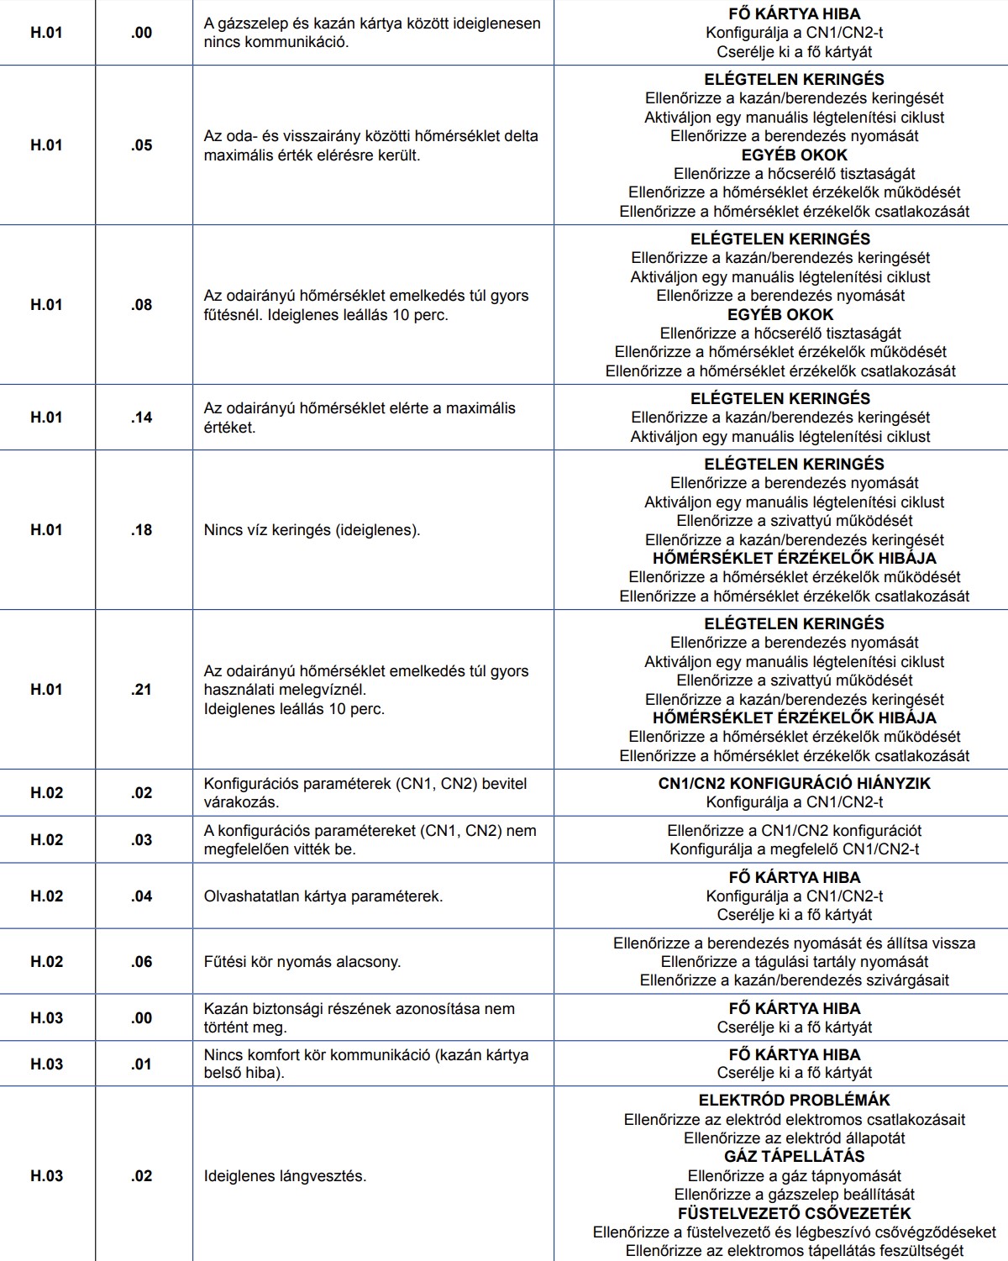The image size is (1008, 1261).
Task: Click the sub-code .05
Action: click(142, 145)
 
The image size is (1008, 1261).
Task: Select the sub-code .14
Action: click(142, 418)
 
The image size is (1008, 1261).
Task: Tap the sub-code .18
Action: click(142, 530)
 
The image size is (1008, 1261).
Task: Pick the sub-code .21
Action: click(142, 690)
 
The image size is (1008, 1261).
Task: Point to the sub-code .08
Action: click(142, 305)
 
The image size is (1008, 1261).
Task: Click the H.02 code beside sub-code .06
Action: click(47, 962)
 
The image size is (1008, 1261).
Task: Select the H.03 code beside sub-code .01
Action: click(47, 1064)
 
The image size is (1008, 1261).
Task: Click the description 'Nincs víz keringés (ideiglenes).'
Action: click(312, 530)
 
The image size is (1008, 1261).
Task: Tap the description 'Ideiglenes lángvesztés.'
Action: click(285, 1176)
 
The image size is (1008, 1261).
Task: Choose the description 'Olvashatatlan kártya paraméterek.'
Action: click(323, 896)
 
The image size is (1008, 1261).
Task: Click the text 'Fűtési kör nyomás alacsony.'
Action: click(302, 962)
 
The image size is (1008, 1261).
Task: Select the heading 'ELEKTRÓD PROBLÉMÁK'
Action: click(794, 1101)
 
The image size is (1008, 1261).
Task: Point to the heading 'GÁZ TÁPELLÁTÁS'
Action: click(794, 1157)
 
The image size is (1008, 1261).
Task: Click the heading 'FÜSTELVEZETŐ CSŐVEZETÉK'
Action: click(794, 1214)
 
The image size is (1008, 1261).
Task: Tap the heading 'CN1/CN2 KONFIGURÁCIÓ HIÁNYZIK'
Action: click(794, 784)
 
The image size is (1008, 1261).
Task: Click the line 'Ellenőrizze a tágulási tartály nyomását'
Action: click(794, 962)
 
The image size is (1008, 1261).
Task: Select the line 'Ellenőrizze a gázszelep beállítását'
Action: click(794, 1195)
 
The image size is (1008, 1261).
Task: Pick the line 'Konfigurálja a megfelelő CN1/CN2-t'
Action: click(794, 849)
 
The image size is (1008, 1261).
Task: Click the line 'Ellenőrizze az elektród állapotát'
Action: click(794, 1138)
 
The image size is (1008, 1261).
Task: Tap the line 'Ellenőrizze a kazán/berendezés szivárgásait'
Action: click(794, 980)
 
